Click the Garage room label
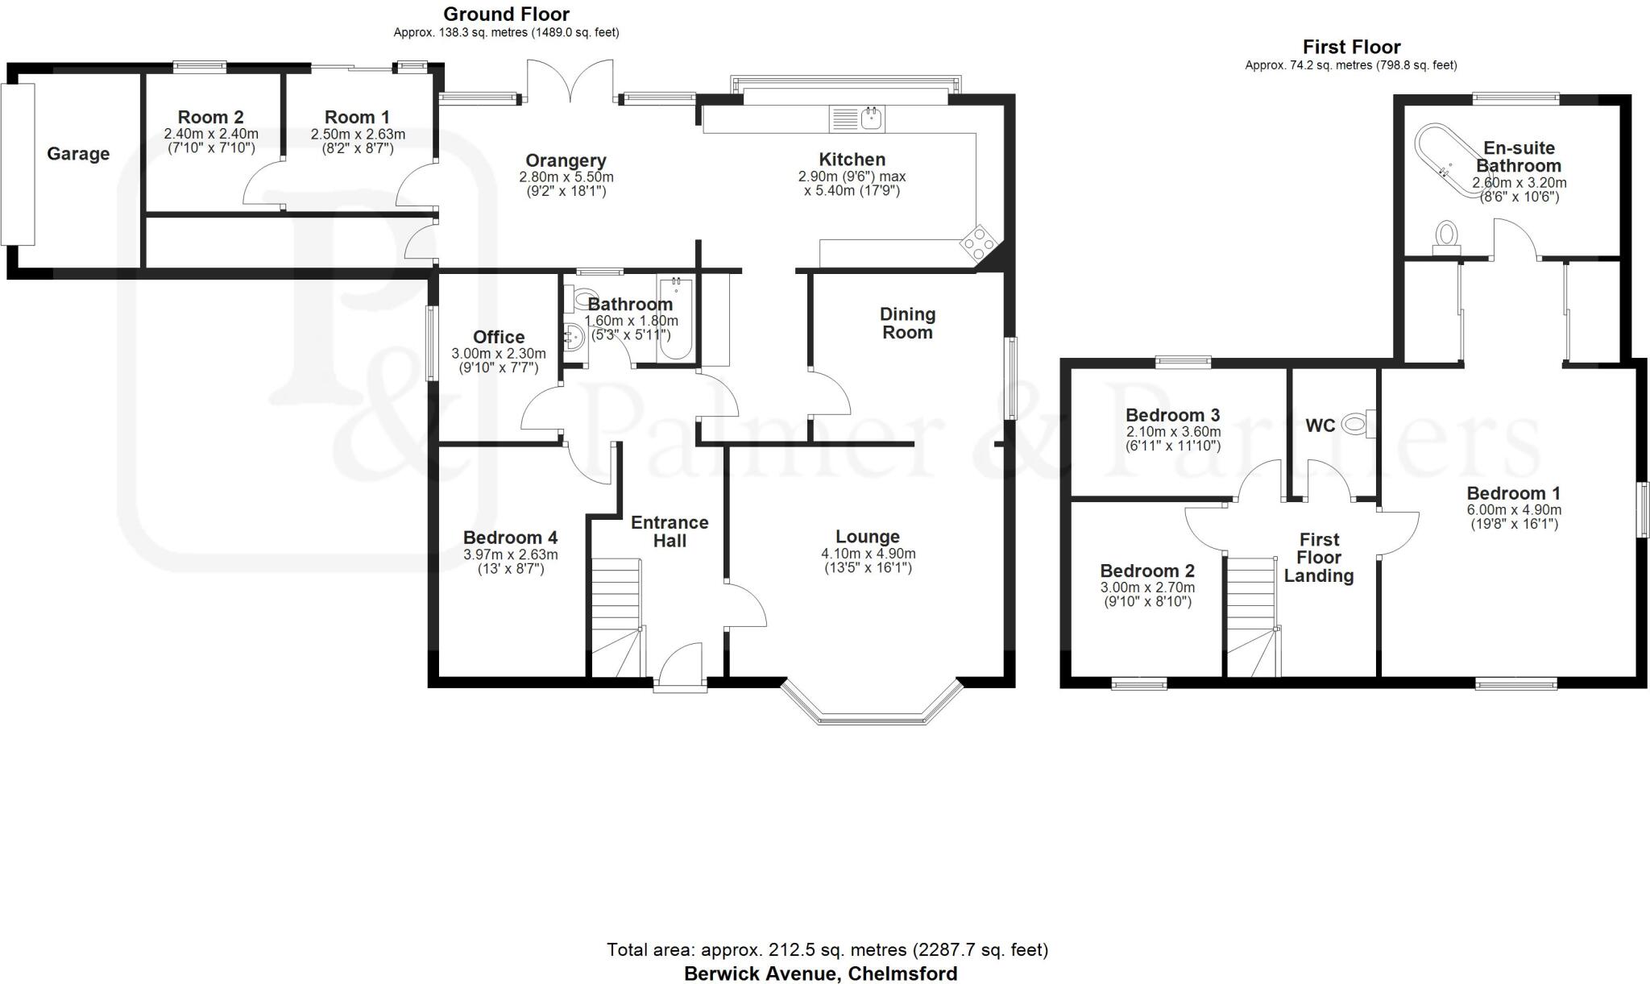[x=78, y=154]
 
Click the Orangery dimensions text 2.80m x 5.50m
[x=566, y=177]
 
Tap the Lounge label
[x=867, y=537]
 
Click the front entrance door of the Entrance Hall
[x=680, y=666]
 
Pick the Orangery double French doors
[x=571, y=82]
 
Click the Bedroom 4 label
[x=510, y=538]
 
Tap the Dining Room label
[x=907, y=323]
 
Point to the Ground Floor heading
[x=506, y=14]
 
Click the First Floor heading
[x=1351, y=47]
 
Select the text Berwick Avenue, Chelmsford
[x=820, y=974]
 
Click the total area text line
[x=827, y=950]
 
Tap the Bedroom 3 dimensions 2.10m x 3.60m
[x=1173, y=432]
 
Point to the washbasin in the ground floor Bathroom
[x=574, y=336]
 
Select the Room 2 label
[x=210, y=118]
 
